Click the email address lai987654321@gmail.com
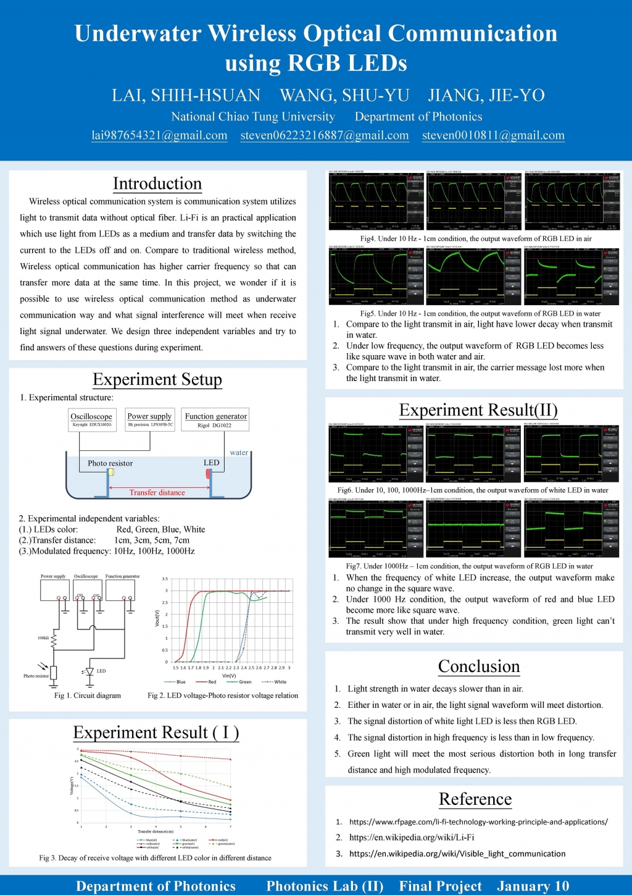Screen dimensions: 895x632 [x=159, y=135]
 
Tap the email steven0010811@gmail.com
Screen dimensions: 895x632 [x=493, y=135]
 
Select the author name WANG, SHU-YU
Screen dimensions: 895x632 [x=344, y=95]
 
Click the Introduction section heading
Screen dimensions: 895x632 [x=157, y=183]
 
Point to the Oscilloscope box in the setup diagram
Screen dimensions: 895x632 [x=91, y=419]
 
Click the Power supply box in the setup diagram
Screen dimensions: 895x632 [x=150, y=419]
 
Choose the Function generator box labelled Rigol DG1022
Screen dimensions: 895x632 [x=215, y=419]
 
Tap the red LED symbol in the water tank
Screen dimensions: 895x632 [x=208, y=473]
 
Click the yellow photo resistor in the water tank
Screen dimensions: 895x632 [x=111, y=473]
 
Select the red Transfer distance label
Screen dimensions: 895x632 [x=157, y=492]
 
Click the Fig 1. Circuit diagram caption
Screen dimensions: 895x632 [x=88, y=695]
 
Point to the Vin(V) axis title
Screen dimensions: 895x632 [x=229, y=676]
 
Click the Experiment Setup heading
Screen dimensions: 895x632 [x=157, y=379]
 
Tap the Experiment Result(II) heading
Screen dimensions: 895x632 [x=478, y=410]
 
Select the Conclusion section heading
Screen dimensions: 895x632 [x=479, y=666]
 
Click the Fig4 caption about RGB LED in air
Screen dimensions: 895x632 [x=476, y=238]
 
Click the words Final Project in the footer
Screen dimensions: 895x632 [x=440, y=886]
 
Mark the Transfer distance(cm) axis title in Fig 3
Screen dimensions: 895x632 [x=156, y=831]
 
